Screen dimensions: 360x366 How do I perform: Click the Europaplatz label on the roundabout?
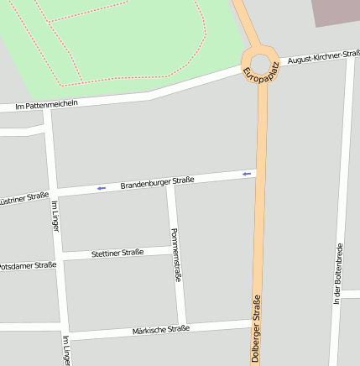(260, 71)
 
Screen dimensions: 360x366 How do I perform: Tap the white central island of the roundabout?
(261, 63)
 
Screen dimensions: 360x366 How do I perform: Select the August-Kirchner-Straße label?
(323, 57)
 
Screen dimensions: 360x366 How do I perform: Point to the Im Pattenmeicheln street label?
(46, 105)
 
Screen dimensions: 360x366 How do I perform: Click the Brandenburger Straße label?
(157, 181)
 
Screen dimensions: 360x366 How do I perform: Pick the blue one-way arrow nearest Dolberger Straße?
(246, 174)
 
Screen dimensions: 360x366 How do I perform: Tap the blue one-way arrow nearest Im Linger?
(101, 188)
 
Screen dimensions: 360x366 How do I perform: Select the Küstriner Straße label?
(23, 199)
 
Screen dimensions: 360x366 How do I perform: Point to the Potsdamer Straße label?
(27, 266)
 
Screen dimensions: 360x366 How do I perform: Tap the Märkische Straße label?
(160, 330)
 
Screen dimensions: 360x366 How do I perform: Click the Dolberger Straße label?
(256, 327)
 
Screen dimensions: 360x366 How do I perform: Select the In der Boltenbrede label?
(337, 274)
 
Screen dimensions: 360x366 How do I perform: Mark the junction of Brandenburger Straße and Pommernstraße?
(170, 186)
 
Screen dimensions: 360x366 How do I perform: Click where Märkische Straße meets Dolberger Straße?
(257, 321)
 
